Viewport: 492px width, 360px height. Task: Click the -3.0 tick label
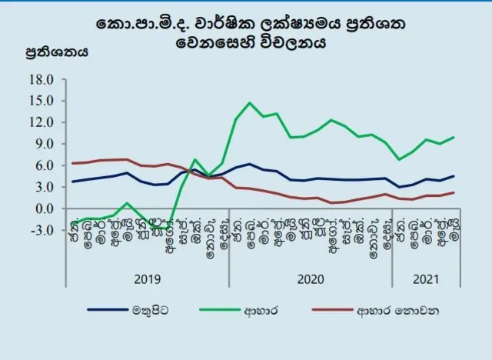(x=39, y=230)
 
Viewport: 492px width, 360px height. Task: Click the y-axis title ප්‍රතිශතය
(x=57, y=53)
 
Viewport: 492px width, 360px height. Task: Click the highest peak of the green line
(x=250, y=103)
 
